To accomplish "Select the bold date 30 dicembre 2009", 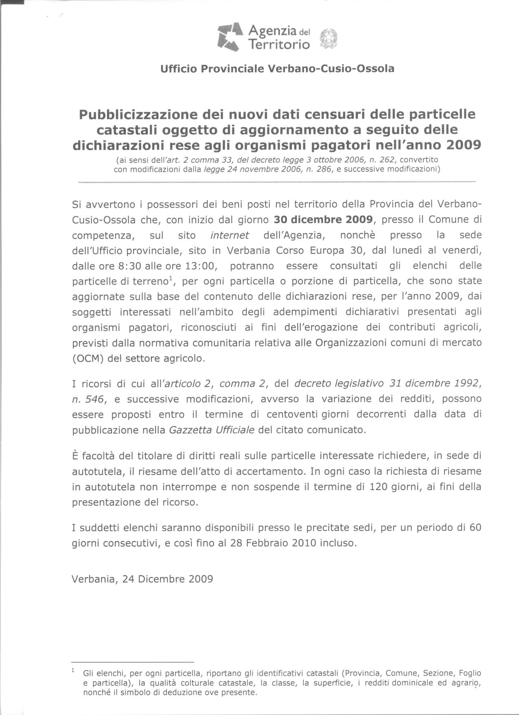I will click(x=323, y=220).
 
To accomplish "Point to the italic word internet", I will click(x=230, y=235).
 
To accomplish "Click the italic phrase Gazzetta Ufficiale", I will click(x=212, y=430).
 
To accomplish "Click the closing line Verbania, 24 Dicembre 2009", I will click(x=142, y=579).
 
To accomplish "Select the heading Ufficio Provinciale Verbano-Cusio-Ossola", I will click(x=277, y=68).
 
